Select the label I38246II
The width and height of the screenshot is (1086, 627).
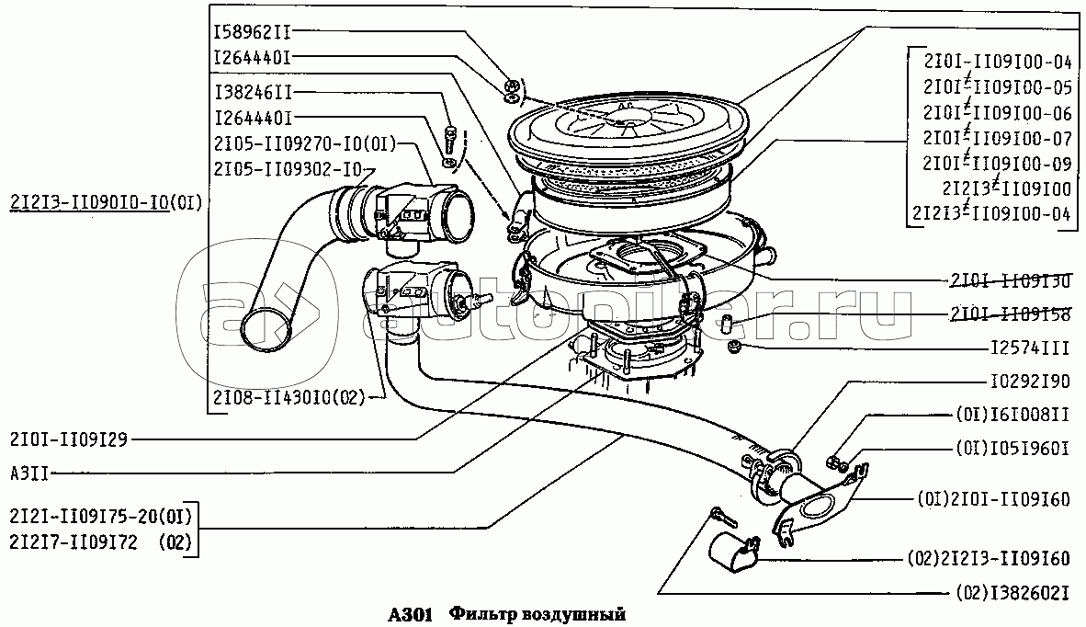point(252,93)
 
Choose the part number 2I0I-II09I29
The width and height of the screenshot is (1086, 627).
point(68,440)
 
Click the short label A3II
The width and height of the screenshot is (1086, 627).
point(29,473)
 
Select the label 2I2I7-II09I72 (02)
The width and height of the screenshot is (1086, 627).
point(100,543)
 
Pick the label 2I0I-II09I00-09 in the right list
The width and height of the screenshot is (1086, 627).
point(998,164)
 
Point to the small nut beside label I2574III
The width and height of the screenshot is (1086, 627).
point(734,347)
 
